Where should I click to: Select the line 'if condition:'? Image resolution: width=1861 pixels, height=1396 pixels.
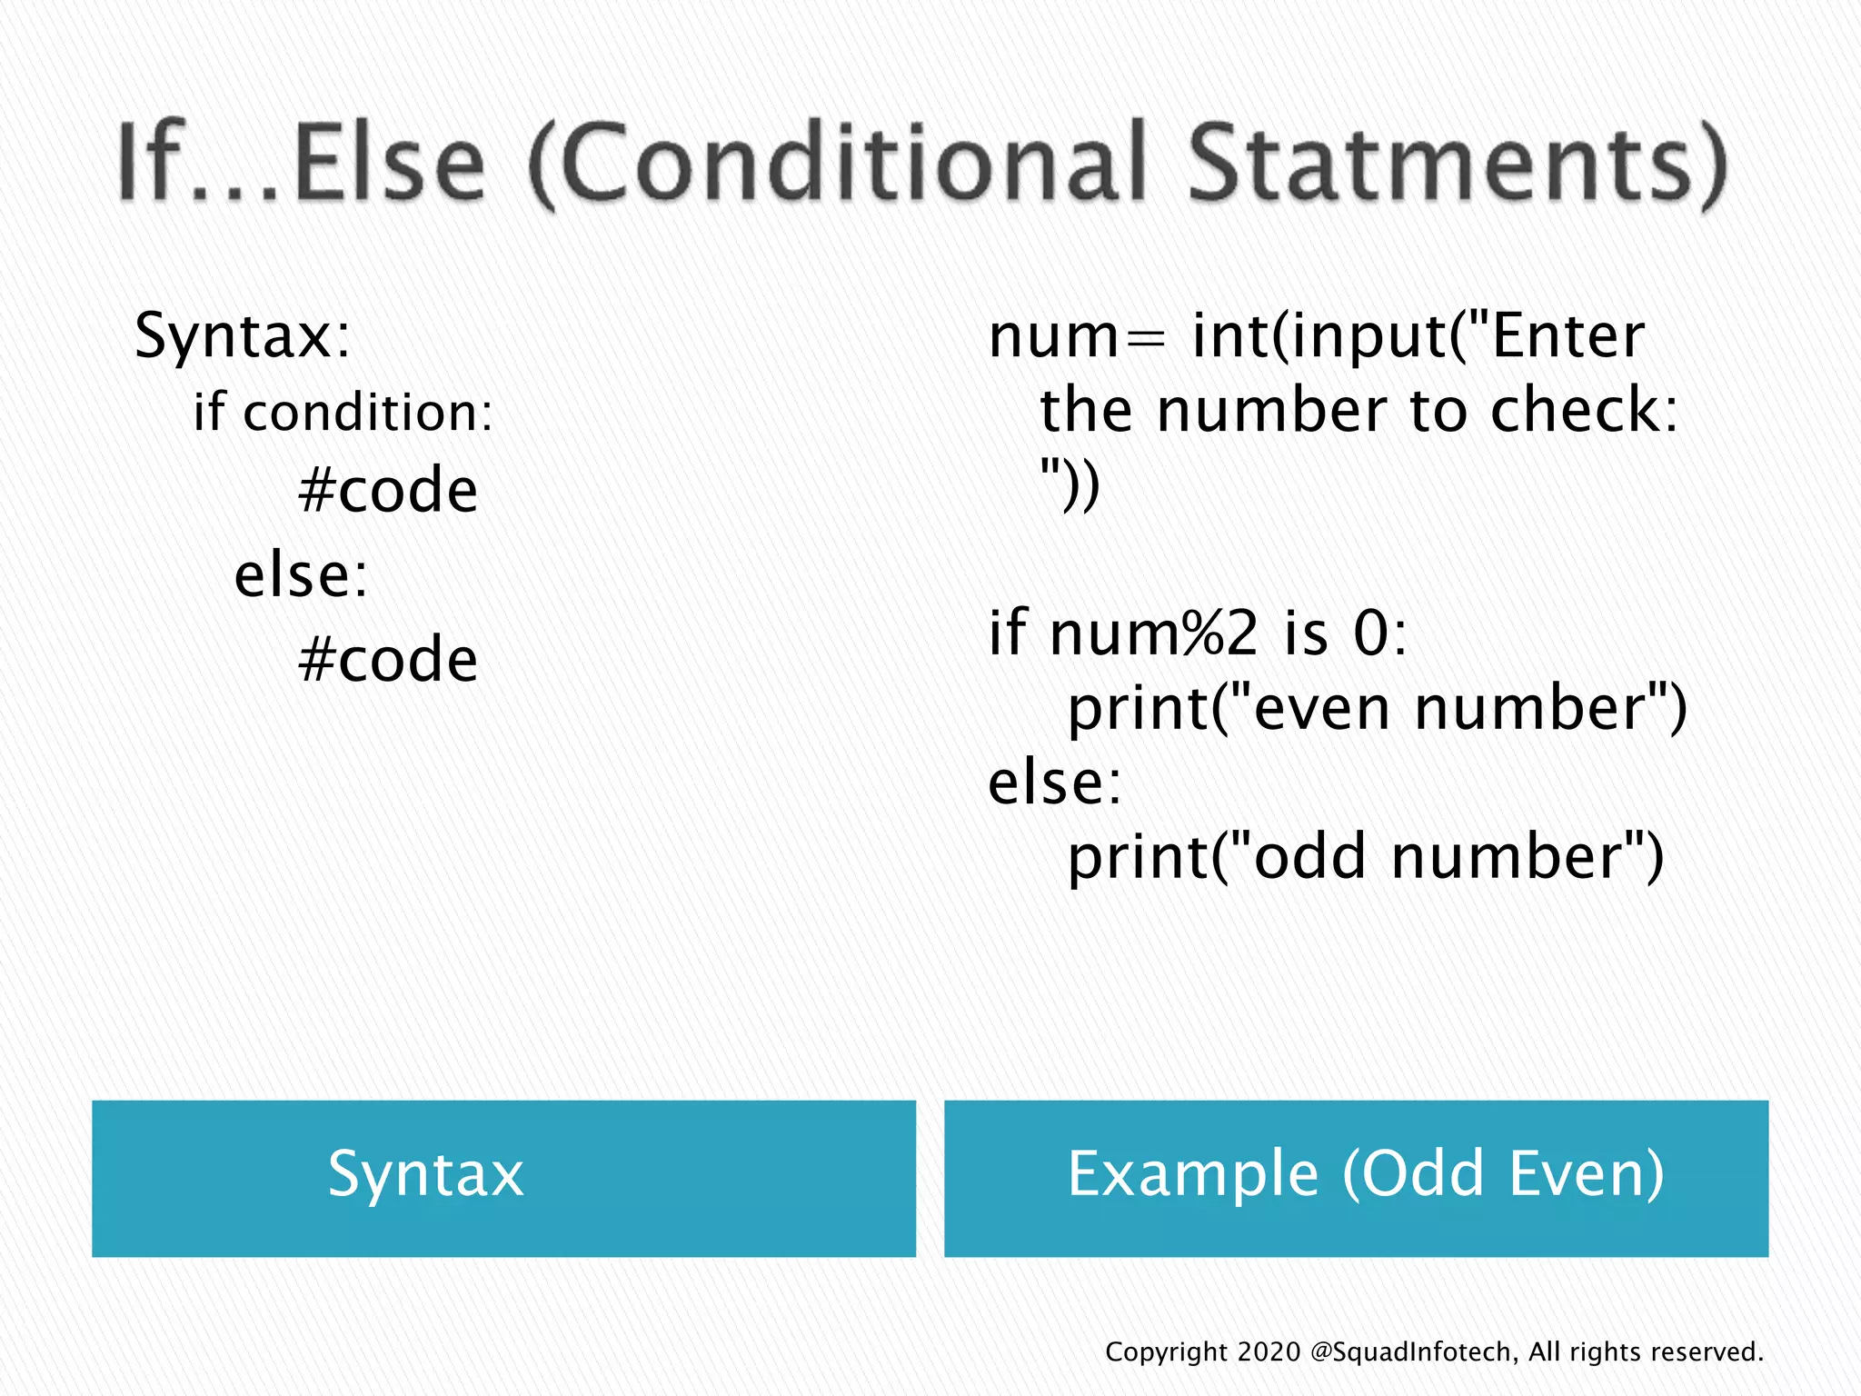(343, 413)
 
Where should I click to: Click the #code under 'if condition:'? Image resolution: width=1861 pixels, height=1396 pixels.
(388, 491)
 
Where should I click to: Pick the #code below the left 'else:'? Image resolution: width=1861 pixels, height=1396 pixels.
(388, 660)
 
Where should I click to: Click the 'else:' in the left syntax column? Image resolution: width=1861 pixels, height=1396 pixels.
(301, 576)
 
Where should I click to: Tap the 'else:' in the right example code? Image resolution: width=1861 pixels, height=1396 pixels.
(1055, 783)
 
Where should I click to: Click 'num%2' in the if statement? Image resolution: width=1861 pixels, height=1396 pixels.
(1154, 633)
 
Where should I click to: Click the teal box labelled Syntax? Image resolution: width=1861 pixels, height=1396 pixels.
(503, 1178)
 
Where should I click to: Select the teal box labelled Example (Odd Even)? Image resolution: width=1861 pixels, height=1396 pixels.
(1356, 1178)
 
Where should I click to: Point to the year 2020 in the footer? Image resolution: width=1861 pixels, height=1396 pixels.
(1269, 1351)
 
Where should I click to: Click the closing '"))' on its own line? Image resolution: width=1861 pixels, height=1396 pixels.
(1070, 486)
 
